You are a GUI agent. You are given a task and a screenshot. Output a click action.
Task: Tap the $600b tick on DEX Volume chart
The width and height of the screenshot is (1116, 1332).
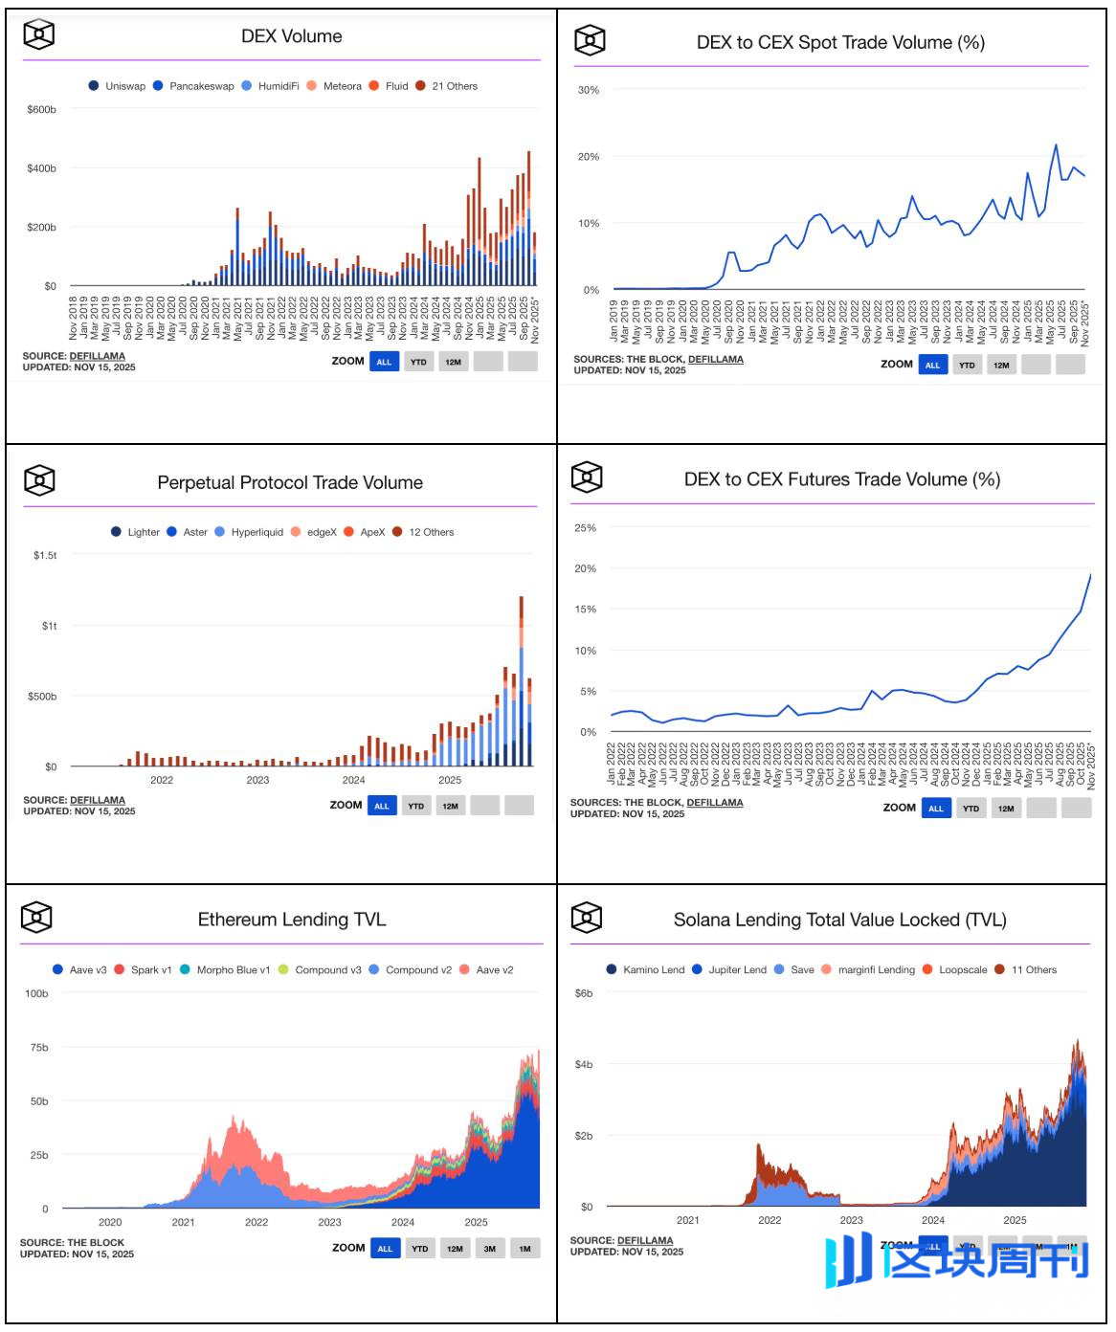41,110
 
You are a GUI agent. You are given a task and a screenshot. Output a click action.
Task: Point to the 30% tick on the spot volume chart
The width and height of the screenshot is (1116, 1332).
588,90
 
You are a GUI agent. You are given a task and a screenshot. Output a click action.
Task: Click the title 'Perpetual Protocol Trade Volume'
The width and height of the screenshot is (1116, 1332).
290,482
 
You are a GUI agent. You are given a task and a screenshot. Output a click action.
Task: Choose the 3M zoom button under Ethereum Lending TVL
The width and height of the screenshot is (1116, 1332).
489,1248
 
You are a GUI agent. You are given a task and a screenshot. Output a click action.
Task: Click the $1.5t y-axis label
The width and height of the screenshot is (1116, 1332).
45,555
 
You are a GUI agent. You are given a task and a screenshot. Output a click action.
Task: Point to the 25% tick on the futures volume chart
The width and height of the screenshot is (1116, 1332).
585,528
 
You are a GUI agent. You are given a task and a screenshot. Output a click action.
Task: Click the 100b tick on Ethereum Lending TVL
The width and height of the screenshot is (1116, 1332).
36,993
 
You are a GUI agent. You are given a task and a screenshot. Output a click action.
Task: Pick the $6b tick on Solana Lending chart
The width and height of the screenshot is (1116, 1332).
583,993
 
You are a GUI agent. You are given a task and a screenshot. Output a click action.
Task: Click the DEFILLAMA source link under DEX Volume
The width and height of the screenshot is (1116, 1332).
97,356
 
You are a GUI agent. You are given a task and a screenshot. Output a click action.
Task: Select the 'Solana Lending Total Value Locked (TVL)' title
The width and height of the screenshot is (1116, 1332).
839,920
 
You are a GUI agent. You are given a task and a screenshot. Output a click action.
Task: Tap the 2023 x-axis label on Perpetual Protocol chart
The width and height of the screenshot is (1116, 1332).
257,780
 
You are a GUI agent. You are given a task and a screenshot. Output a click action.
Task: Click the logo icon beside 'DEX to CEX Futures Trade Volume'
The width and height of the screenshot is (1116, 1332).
587,477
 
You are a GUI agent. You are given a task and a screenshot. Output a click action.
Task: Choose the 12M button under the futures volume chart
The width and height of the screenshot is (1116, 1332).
1006,809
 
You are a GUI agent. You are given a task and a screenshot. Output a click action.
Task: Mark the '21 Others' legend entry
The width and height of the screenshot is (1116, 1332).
454,86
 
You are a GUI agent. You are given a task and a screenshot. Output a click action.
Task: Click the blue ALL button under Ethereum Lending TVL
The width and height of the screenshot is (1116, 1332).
385,1248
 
